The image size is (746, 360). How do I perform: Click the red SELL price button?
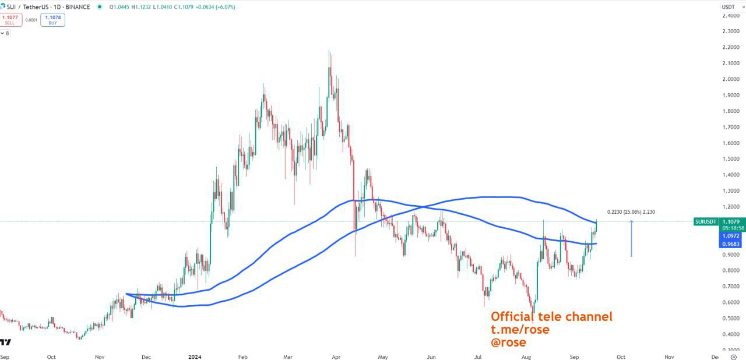point(10,20)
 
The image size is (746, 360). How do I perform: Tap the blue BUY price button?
point(54,20)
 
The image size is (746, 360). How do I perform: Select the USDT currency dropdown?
point(729,7)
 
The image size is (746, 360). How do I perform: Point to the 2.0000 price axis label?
point(731,79)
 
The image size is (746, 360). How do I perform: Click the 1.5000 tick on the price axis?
point(731,159)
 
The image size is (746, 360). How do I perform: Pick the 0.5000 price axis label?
point(731,319)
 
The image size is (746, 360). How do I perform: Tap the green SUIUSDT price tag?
point(705,221)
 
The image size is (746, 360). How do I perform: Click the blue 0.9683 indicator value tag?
point(731,243)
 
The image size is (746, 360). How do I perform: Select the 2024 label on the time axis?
point(194,356)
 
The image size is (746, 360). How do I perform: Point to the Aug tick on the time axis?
point(526,356)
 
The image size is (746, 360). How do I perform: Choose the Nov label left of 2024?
point(100,356)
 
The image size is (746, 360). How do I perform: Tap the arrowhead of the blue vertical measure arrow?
point(631,222)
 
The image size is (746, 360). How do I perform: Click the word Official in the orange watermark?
point(512,317)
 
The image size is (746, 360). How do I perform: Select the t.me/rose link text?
point(520,330)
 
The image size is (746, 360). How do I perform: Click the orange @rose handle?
point(508,343)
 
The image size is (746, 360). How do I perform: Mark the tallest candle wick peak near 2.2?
point(329,51)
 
